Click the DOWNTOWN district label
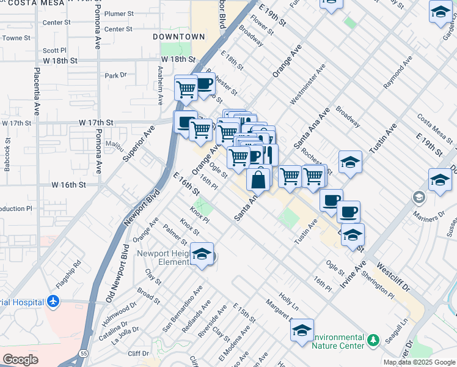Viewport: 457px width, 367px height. [x=178, y=37]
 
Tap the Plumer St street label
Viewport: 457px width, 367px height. [x=119, y=13]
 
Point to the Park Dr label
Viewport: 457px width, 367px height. [x=115, y=76]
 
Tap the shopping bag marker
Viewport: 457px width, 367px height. [x=258, y=180]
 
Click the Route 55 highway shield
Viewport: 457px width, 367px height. [x=83, y=353]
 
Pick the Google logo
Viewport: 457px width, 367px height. [x=20, y=360]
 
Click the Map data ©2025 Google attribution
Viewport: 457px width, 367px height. [x=419, y=362]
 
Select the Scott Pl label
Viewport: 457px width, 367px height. [x=54, y=51]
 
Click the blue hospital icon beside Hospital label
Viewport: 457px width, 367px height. [x=54, y=302]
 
